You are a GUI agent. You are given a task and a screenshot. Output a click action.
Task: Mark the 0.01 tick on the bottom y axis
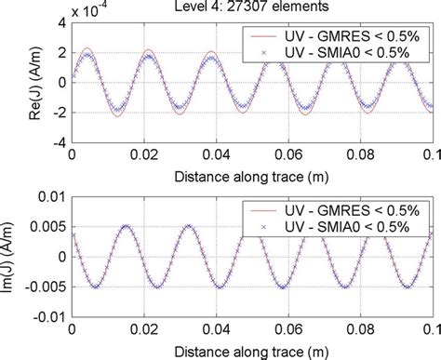51,196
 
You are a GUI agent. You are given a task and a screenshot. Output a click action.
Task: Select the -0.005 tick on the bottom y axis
45,288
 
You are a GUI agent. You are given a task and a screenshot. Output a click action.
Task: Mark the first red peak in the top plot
87,48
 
